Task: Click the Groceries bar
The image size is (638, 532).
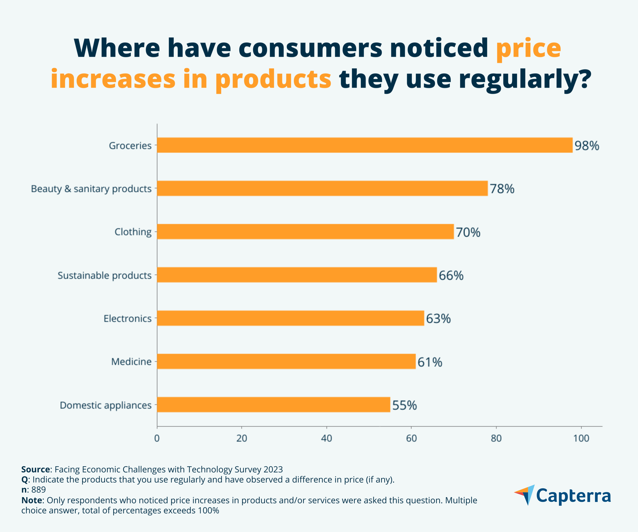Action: coord(365,145)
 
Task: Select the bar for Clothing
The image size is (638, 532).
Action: coord(305,232)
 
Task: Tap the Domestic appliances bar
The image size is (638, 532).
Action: coord(273,405)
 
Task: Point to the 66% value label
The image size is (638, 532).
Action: coord(451,275)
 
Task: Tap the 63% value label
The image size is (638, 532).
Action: coord(438,319)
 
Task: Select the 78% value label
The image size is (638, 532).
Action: coord(502,189)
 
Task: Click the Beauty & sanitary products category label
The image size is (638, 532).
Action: coord(91,189)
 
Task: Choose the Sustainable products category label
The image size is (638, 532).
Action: coord(104,275)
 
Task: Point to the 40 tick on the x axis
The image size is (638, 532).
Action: coord(327,438)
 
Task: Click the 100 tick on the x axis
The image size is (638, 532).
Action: coord(581,438)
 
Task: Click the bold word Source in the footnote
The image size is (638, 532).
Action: coord(36,469)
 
